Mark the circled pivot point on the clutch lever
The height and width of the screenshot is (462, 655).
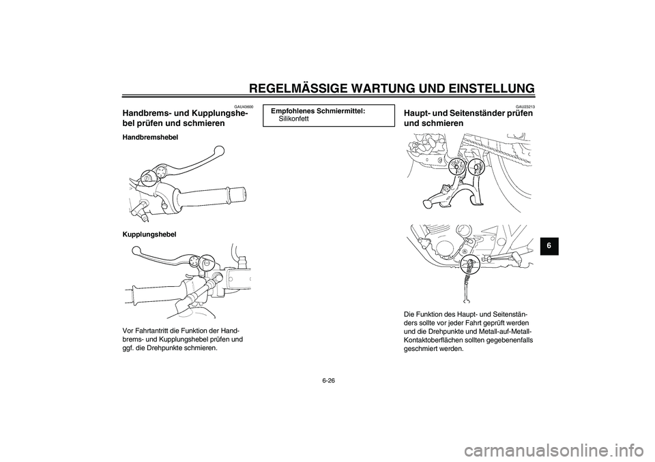(x=208, y=260)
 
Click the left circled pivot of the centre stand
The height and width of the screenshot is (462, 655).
(x=454, y=166)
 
